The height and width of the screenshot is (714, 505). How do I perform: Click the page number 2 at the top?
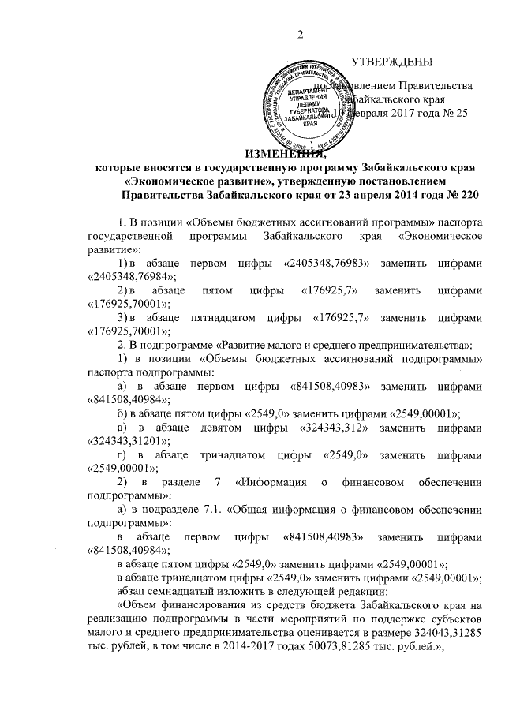[301, 32]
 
